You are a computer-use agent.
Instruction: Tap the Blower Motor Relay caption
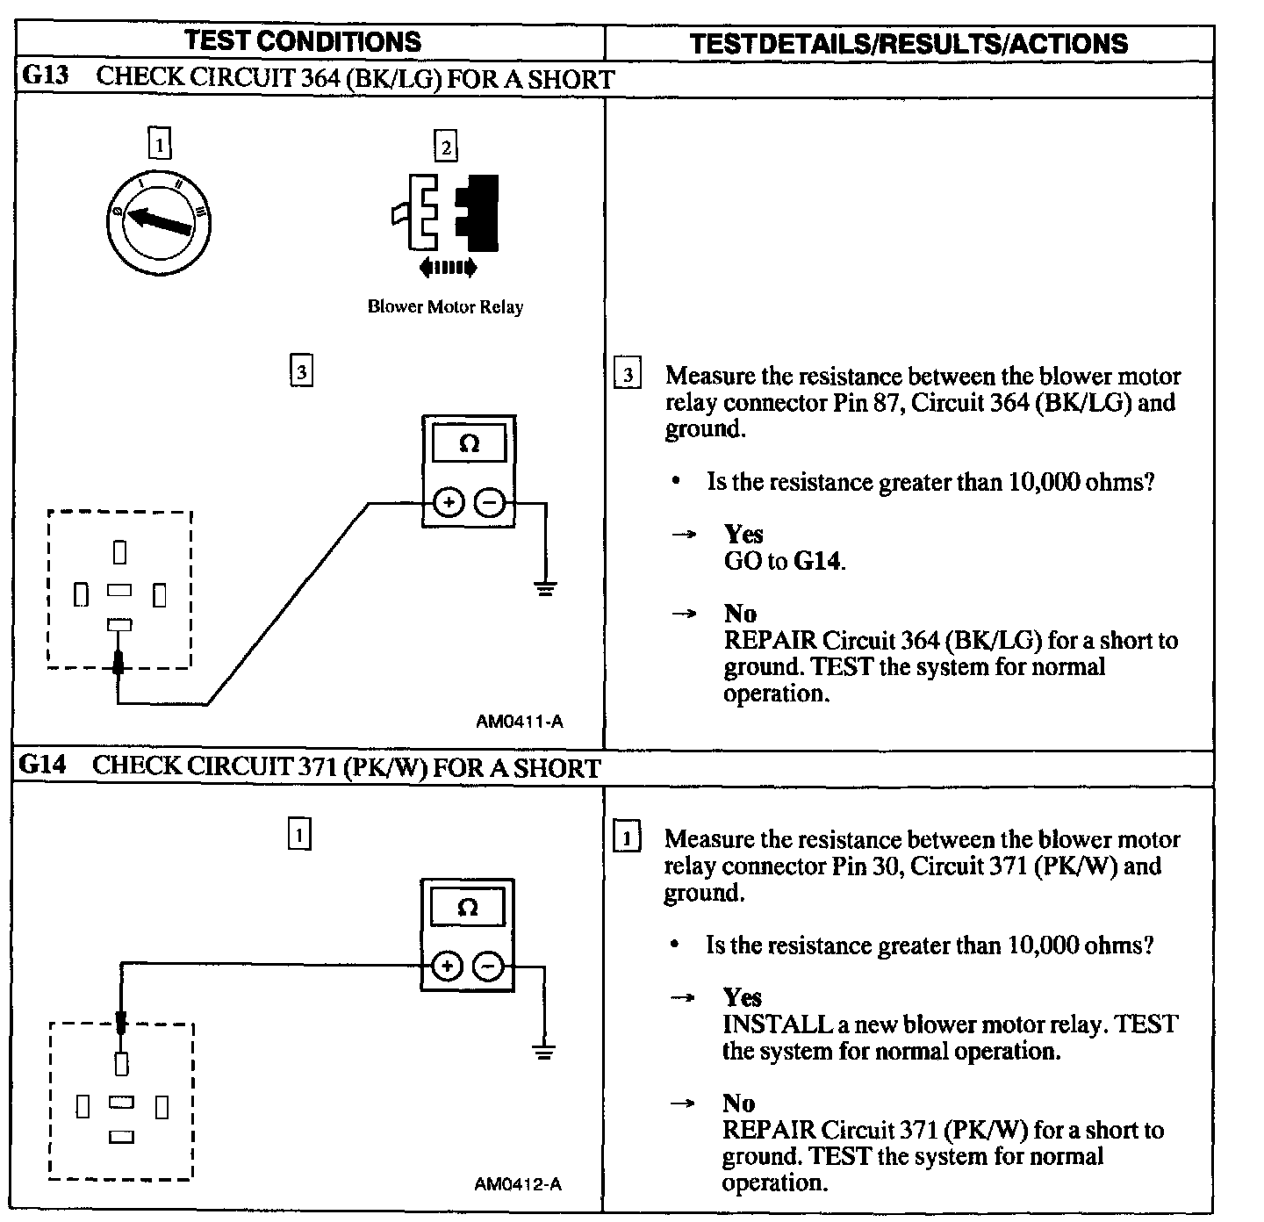(445, 307)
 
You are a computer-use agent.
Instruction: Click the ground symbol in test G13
(545, 588)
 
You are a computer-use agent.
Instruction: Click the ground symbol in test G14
(544, 1051)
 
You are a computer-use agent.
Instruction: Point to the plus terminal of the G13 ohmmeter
(449, 503)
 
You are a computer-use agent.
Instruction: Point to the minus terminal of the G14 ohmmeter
(488, 967)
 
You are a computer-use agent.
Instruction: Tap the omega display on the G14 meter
(468, 908)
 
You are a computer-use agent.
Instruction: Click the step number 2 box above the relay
(446, 147)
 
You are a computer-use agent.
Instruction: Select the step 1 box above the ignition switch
(160, 143)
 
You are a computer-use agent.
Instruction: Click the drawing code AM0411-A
(519, 722)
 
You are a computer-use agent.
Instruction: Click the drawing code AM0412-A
(518, 1184)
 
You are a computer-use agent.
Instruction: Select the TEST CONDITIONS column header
(303, 41)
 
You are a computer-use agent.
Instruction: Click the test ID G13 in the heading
(44, 76)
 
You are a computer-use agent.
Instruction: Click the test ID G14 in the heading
(42, 766)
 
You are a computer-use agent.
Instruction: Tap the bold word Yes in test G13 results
(743, 535)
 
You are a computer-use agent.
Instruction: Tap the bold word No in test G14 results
(738, 1103)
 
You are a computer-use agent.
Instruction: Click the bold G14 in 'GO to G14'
(818, 561)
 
